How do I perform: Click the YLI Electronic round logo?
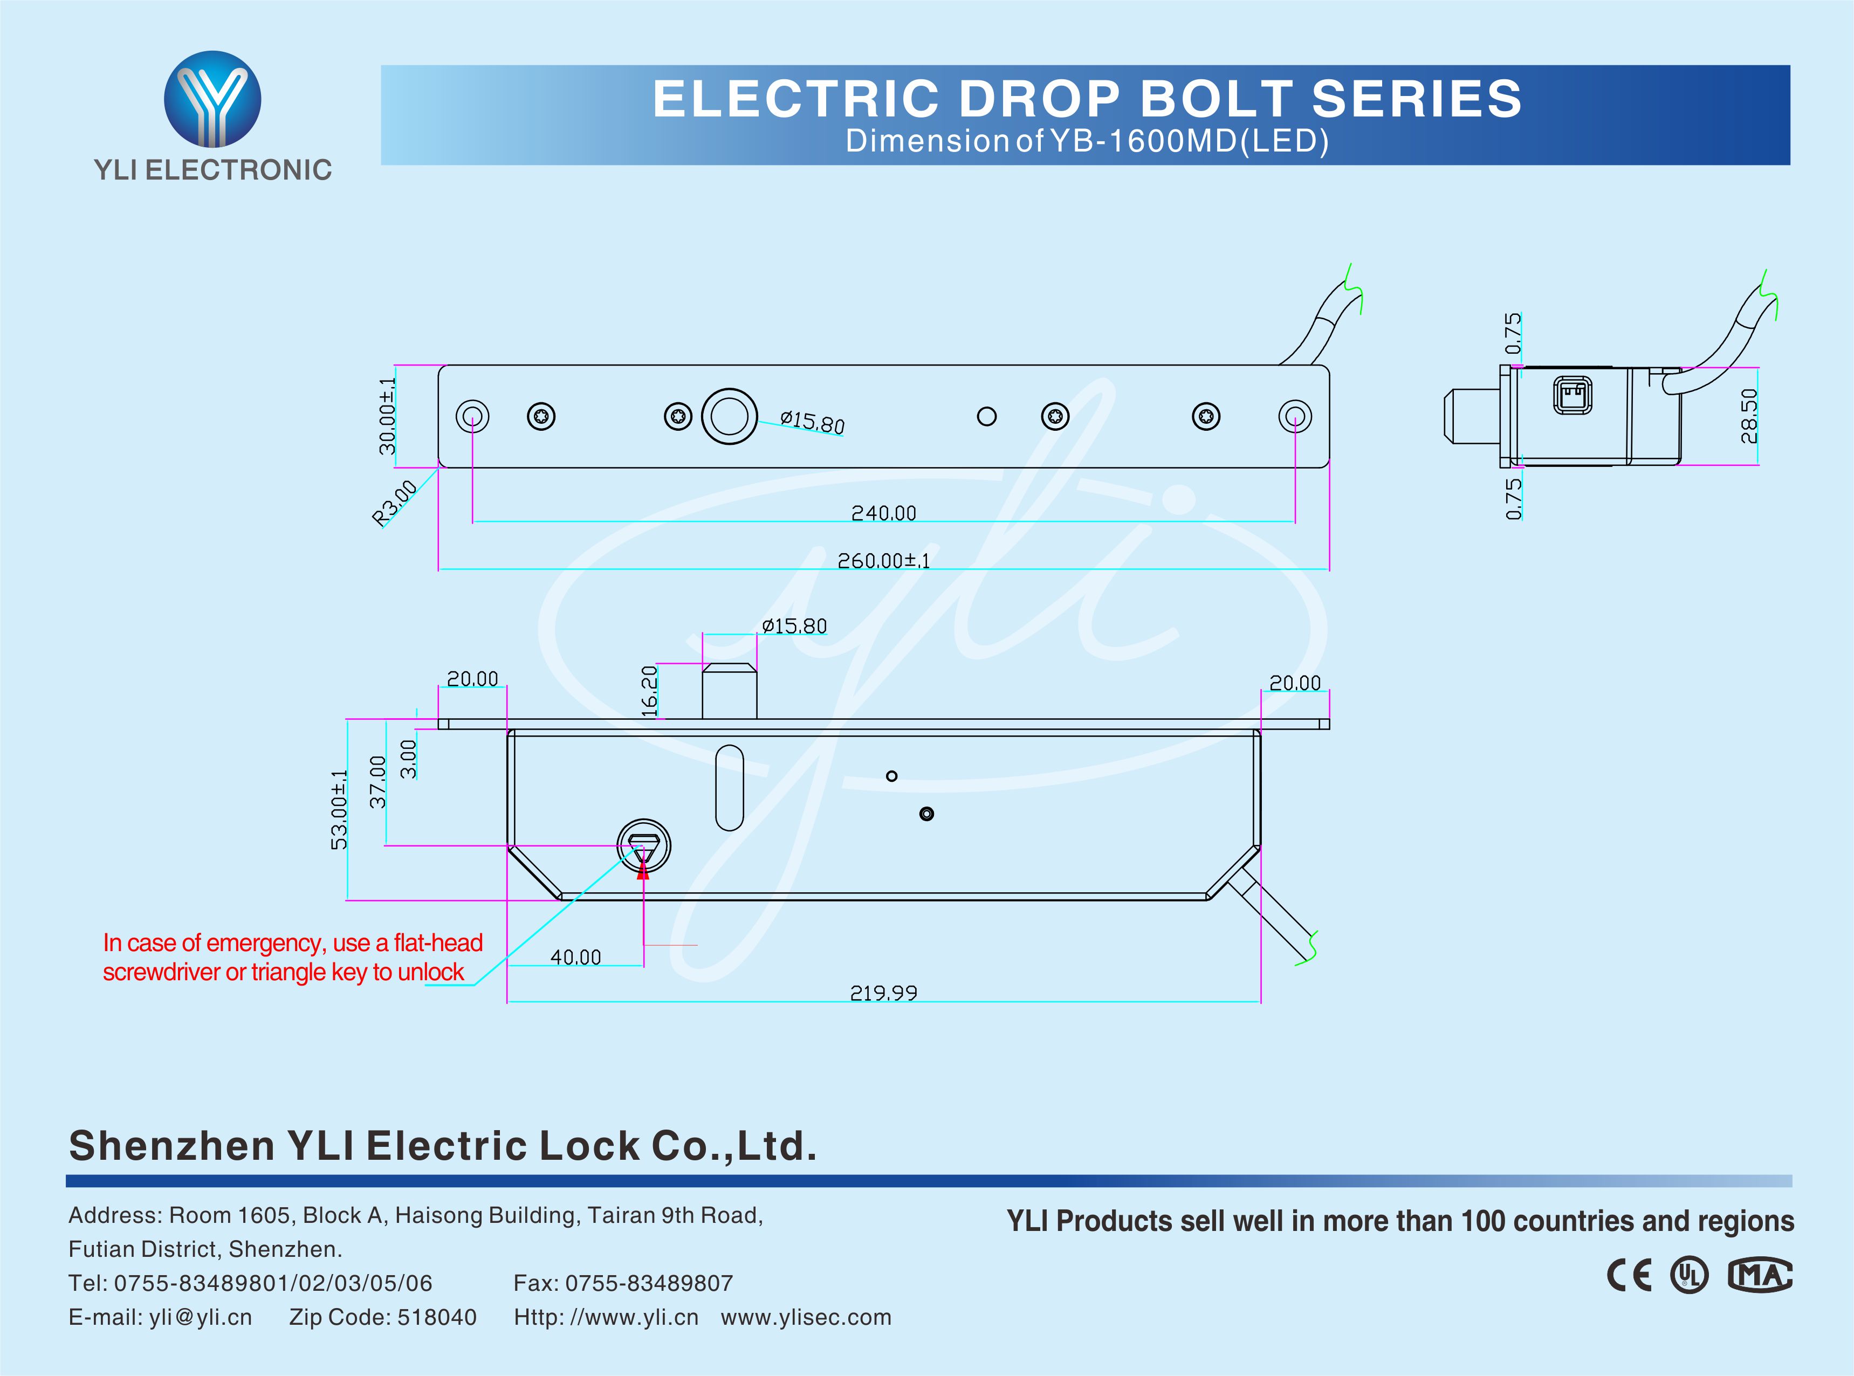[212, 99]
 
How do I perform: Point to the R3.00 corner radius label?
[394, 503]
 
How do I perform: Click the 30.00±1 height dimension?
[387, 416]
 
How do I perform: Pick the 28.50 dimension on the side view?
[1748, 416]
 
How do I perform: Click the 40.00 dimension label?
[575, 957]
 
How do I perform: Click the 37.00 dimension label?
[377, 781]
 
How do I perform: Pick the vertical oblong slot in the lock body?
[730, 787]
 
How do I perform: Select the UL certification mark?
[1689, 1275]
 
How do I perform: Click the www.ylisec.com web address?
[806, 1317]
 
